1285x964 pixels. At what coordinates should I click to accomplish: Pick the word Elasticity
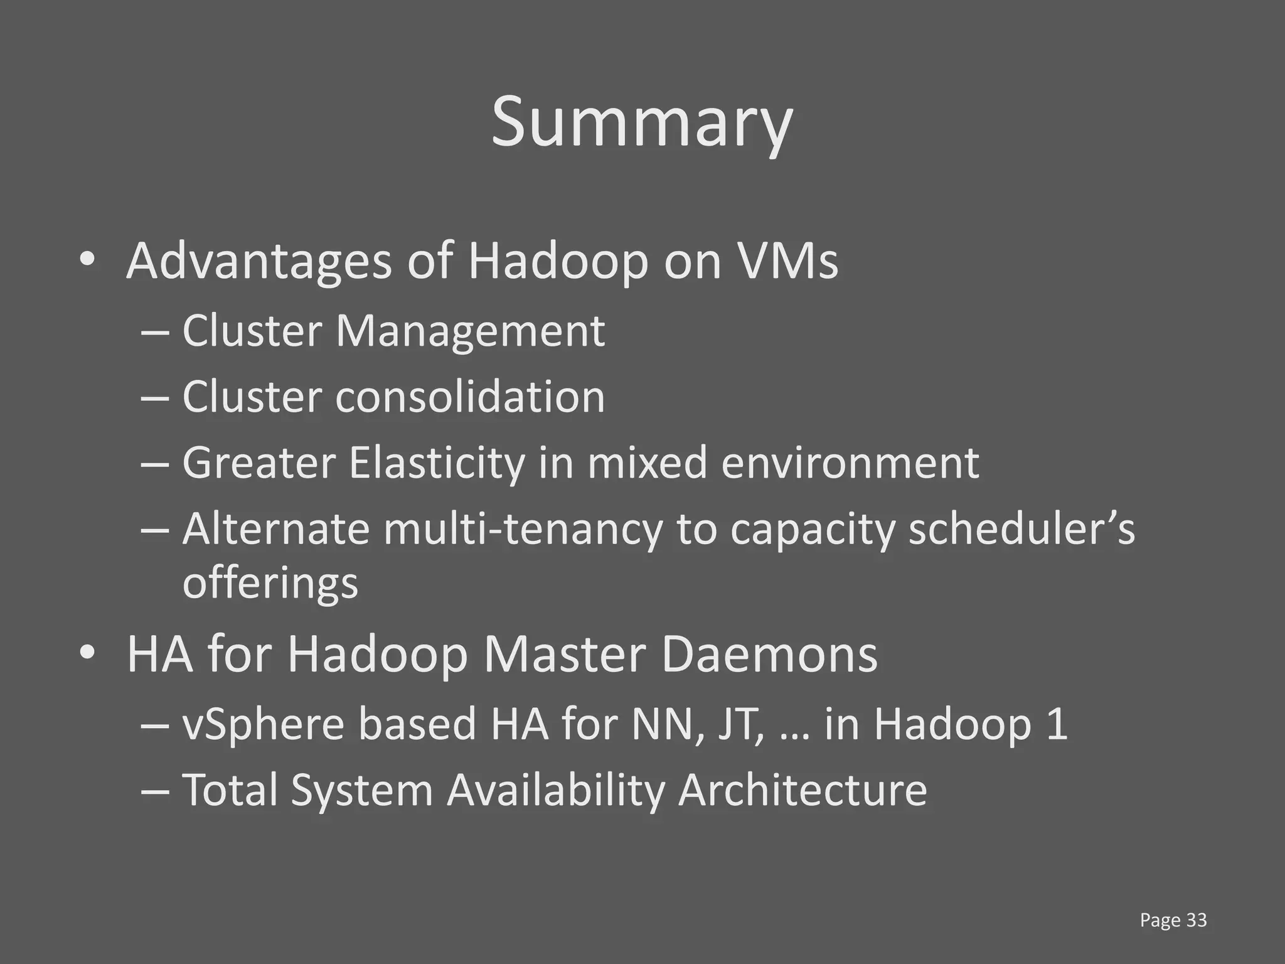click(437, 463)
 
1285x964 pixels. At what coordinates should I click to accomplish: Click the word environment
click(850, 463)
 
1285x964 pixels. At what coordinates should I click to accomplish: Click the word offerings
click(270, 583)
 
